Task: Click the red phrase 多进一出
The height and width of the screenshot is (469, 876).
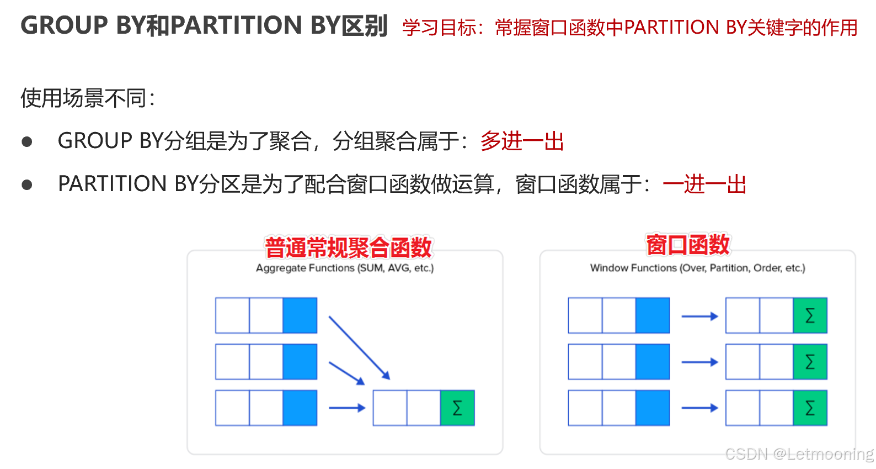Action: pyautogui.click(x=522, y=141)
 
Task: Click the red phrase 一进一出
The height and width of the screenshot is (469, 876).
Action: pyautogui.click(x=704, y=185)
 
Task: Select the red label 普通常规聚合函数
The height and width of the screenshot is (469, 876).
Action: pyautogui.click(x=348, y=247)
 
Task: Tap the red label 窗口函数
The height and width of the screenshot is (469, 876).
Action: pyautogui.click(x=688, y=245)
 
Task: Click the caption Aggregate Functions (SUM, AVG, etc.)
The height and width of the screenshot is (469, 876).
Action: pyautogui.click(x=345, y=268)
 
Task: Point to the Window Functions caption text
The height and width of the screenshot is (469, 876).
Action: pyautogui.click(x=697, y=268)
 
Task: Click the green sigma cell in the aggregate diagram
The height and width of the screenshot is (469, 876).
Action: pyautogui.click(x=457, y=408)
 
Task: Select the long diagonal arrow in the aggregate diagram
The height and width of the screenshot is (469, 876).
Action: pyautogui.click(x=359, y=347)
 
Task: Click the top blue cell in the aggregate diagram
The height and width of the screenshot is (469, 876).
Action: pyautogui.click(x=300, y=315)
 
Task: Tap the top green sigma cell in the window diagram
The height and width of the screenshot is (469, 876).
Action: pyautogui.click(x=810, y=315)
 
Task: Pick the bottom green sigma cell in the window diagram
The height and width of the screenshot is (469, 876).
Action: pyautogui.click(x=810, y=408)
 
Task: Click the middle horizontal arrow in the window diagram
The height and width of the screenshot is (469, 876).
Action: pyautogui.click(x=699, y=362)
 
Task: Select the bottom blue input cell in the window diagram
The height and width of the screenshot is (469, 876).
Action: pyautogui.click(x=653, y=408)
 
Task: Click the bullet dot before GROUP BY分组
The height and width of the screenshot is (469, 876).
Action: pyautogui.click(x=27, y=142)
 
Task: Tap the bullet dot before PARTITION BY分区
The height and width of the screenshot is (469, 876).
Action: pyautogui.click(x=27, y=185)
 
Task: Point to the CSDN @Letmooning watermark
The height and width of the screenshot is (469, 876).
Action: pyautogui.click(x=799, y=454)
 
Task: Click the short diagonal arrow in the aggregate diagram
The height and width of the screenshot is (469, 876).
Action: pyautogui.click(x=346, y=373)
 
